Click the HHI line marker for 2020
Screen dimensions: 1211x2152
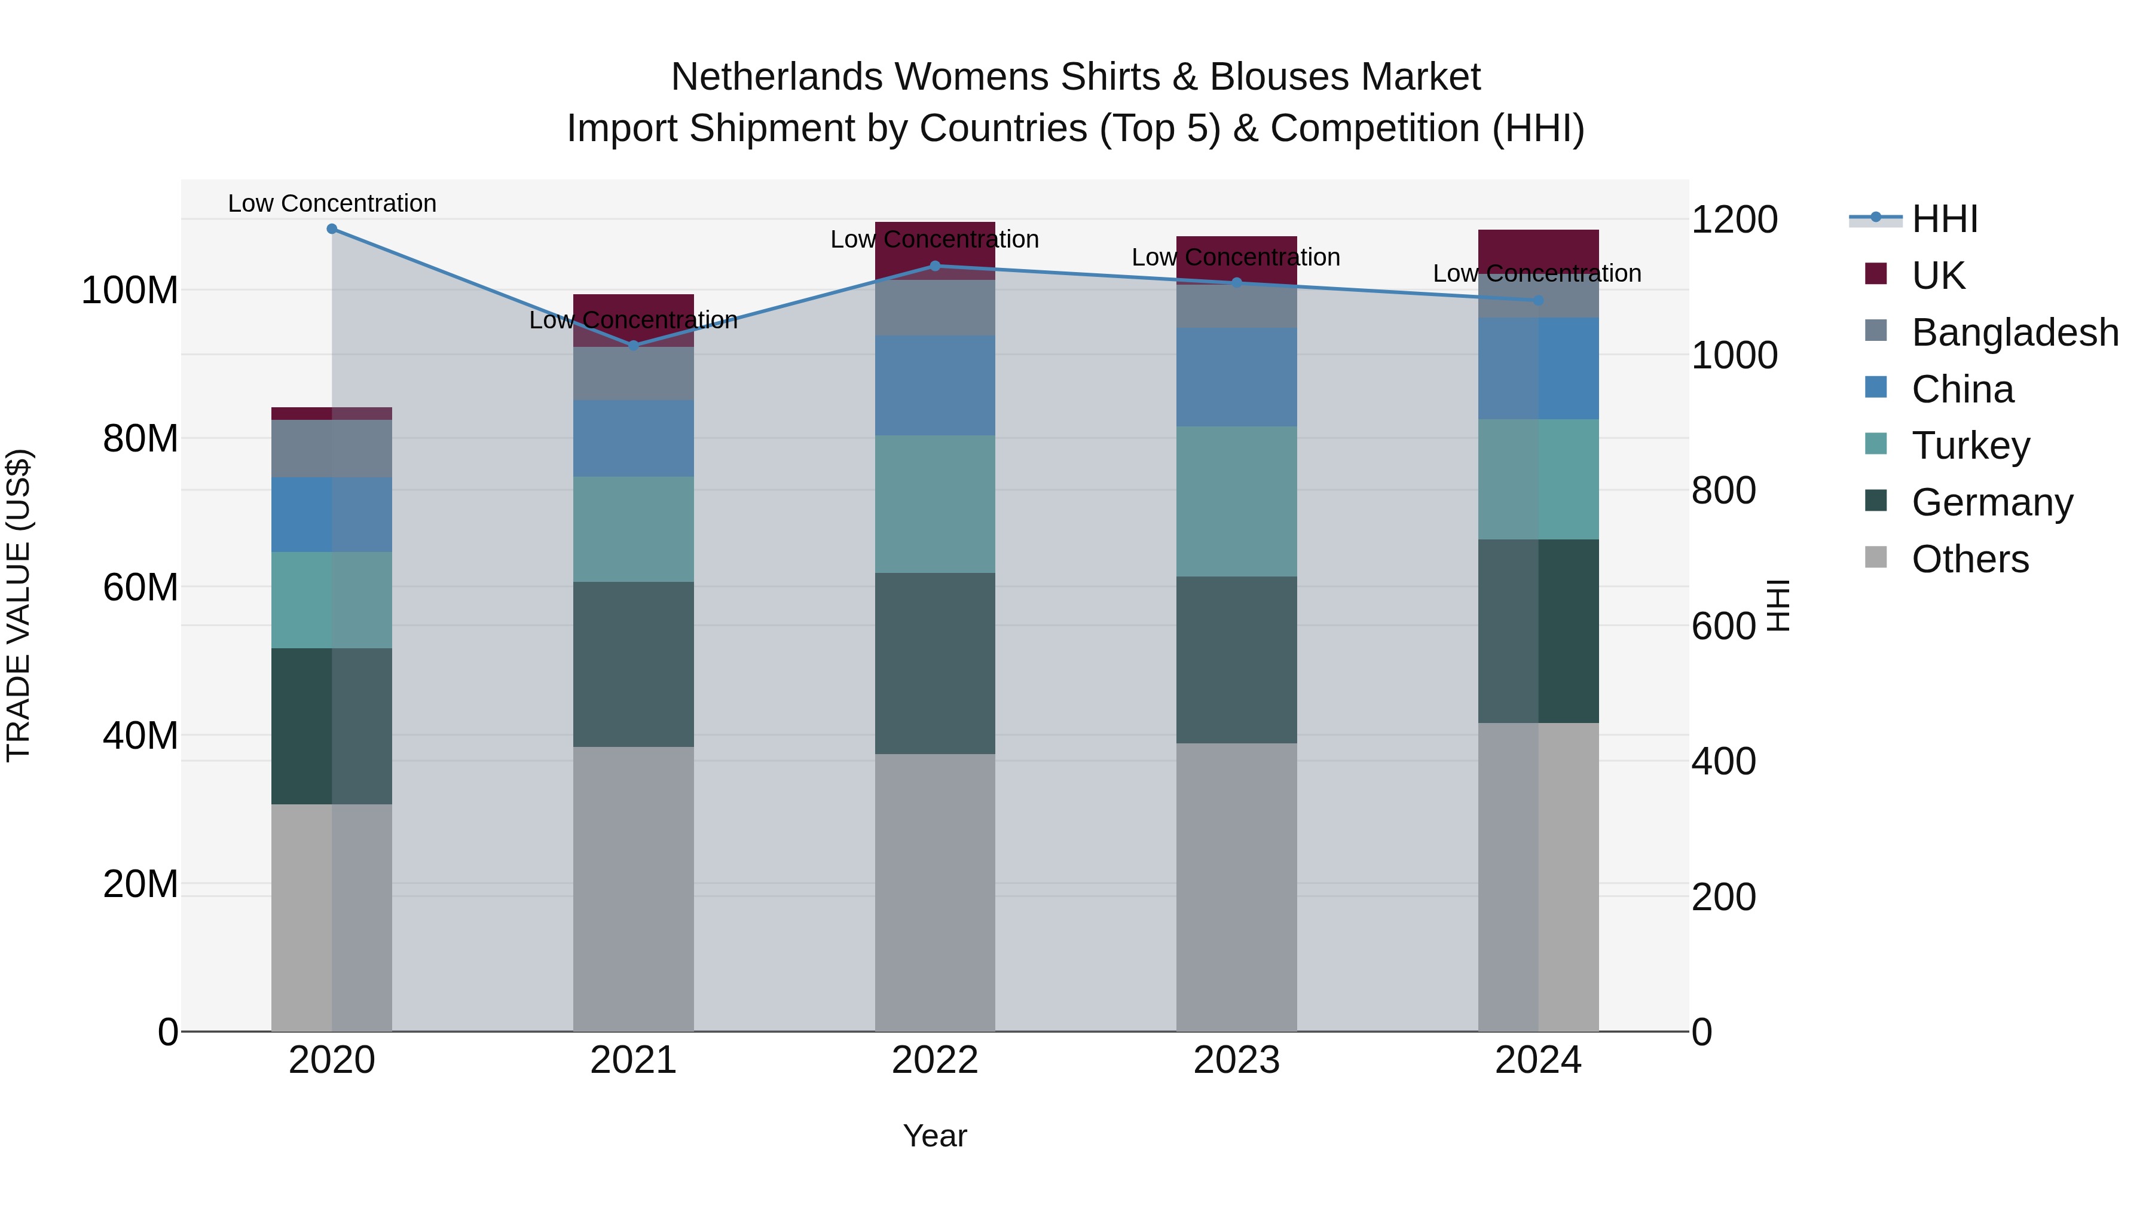[x=332, y=229]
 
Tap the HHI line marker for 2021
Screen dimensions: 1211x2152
[x=633, y=345]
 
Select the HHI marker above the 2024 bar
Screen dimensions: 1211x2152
[x=1538, y=300]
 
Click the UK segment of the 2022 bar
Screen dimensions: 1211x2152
[x=935, y=250]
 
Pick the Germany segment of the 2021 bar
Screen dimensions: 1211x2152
[x=633, y=664]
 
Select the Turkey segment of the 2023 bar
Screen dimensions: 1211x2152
[x=1236, y=502]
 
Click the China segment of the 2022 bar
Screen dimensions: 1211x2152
[x=935, y=385]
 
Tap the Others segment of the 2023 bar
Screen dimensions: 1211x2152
[x=1236, y=886]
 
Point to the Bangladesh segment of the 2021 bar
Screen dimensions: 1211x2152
[x=633, y=374]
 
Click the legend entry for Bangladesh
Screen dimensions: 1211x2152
[x=2014, y=333]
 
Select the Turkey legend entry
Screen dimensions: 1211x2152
[x=1970, y=446]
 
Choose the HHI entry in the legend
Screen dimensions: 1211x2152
[x=1944, y=219]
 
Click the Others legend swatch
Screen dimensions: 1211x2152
[x=1875, y=557]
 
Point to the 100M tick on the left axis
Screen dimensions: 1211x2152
[x=130, y=291]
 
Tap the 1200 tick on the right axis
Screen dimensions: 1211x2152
[x=1734, y=220]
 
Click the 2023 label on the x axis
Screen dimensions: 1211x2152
[x=1236, y=1060]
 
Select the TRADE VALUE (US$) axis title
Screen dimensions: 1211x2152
[x=19, y=605]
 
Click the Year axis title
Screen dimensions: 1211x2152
[x=935, y=1136]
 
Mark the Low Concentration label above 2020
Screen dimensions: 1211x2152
[x=332, y=203]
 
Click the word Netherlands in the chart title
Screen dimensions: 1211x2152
[x=777, y=77]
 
